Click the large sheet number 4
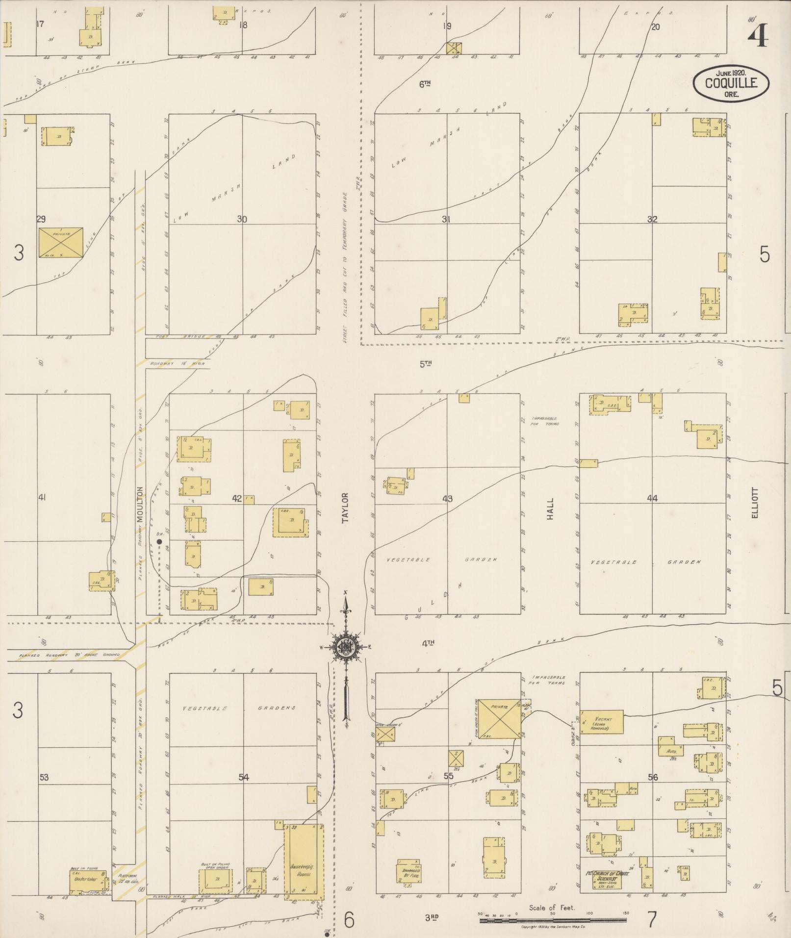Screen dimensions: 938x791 pyautogui.click(x=758, y=36)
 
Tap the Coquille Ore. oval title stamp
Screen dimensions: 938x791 pyautogui.click(x=731, y=83)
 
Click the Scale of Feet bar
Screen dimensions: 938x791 pyautogui.click(x=553, y=920)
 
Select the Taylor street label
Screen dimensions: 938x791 pyautogui.click(x=346, y=510)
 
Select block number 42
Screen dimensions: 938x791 pyautogui.click(x=237, y=499)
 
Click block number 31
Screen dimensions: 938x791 pyautogui.click(x=445, y=219)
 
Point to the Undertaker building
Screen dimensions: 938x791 pyautogui.click(x=88, y=881)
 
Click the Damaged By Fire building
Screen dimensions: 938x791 pyautogui.click(x=408, y=871)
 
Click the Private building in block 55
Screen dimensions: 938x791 pyautogui.click(x=499, y=719)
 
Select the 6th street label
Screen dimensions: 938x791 pyautogui.click(x=425, y=84)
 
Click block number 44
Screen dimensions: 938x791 pyautogui.click(x=652, y=498)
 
